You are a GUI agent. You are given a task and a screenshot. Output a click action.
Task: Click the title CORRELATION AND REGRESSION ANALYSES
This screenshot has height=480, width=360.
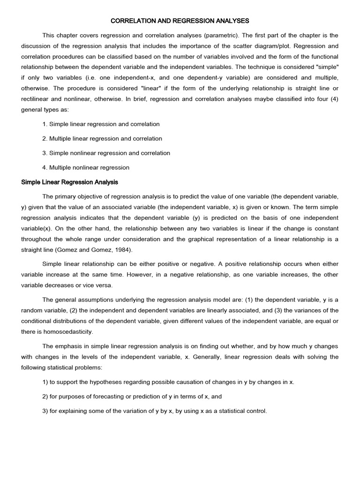pyautogui.click(x=180, y=21)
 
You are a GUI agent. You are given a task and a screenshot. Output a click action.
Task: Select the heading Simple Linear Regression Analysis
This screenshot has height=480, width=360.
pyautogui.click(x=70, y=182)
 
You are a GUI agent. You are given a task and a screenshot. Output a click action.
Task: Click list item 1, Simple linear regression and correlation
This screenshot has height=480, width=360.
pyautogui.click(x=101, y=124)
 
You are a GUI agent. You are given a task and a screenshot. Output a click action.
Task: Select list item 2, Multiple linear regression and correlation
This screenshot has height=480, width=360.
pyautogui.click(x=102, y=139)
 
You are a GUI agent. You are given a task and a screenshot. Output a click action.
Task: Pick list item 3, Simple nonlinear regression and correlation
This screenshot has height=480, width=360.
pyautogui.click(x=106, y=153)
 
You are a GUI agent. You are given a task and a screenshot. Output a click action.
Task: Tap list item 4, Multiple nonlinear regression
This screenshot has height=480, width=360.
pyautogui.click(x=86, y=167)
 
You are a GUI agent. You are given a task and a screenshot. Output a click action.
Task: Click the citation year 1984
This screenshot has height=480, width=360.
pyautogui.click(x=122, y=250)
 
